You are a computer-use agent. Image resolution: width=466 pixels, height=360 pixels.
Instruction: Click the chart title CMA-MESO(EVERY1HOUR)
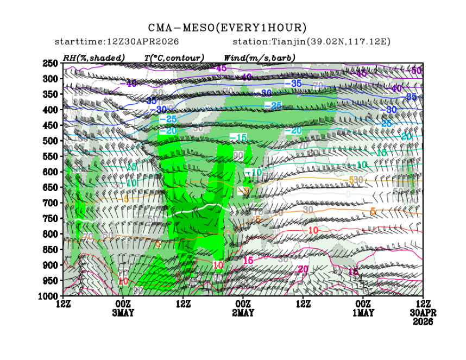pyautogui.click(x=228, y=28)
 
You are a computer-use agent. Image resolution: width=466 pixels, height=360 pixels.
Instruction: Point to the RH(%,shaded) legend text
pyautogui.click(x=94, y=58)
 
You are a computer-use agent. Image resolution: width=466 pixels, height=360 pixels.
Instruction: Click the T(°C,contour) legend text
pyautogui.click(x=174, y=58)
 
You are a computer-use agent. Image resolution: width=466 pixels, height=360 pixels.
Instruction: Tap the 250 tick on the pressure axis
pyautogui.click(x=51, y=64)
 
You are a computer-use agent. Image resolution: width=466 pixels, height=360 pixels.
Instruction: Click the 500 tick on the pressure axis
pyautogui.click(x=51, y=141)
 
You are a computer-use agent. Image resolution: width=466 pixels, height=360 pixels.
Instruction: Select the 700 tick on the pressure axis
pyautogui.click(x=51, y=203)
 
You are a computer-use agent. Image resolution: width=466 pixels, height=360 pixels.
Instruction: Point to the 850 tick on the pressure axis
pyautogui.click(x=51, y=250)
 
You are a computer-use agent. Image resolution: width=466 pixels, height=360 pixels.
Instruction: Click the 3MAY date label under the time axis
pyautogui.click(x=123, y=313)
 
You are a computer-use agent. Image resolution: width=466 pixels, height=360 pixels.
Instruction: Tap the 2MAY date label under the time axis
pyautogui.click(x=243, y=313)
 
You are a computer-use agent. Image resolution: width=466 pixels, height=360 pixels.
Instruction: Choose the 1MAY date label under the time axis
pyautogui.click(x=363, y=313)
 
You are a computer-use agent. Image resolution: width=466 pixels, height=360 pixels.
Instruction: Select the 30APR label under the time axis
pyautogui.click(x=423, y=313)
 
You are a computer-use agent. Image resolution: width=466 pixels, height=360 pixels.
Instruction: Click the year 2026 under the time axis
pyautogui.click(x=423, y=321)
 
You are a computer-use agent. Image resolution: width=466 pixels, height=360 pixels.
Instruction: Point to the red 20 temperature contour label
pyautogui.click(x=303, y=269)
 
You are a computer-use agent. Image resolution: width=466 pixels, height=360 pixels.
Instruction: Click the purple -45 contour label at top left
pyautogui.click(x=221, y=68)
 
